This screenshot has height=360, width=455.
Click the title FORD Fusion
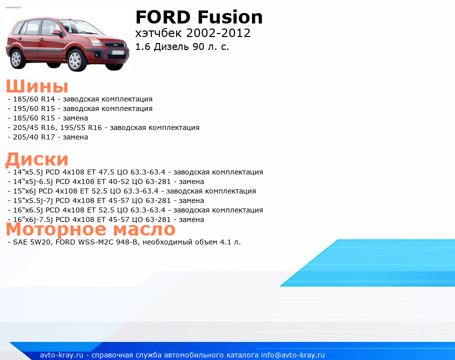[x=199, y=17]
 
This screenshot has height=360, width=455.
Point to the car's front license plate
[x=118, y=53]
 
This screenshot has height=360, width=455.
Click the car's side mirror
[x=56, y=33]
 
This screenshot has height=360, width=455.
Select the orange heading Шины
[x=37, y=86]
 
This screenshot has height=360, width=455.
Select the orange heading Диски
[x=37, y=159]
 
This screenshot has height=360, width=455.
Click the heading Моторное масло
[x=90, y=229]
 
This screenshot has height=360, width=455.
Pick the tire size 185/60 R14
[x=34, y=99]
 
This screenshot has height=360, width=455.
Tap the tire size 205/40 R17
[x=34, y=137]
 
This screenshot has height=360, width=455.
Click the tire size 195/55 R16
[x=81, y=127]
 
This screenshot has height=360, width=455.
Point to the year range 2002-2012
[x=218, y=33]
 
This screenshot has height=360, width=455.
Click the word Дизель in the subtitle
[x=171, y=46]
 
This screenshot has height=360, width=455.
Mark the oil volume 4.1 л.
[x=230, y=242]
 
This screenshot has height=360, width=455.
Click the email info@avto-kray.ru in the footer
[x=293, y=355]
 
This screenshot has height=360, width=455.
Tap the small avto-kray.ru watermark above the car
[x=13, y=7]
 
